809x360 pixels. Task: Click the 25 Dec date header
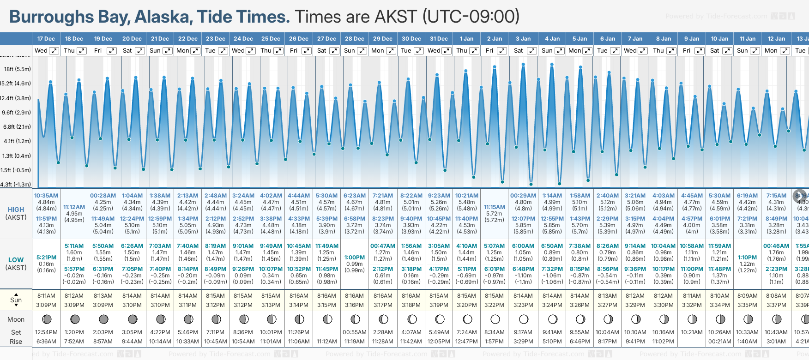tap(271, 39)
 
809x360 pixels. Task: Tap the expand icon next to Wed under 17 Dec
tap(54, 51)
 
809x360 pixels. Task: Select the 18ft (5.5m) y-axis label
tap(18, 69)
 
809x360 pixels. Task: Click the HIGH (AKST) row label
tap(16, 213)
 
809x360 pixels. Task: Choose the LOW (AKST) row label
tap(16, 264)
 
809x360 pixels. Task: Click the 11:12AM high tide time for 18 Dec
tap(74, 207)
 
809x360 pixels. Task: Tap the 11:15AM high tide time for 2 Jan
tap(494, 207)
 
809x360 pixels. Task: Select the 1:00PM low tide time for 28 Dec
tap(355, 258)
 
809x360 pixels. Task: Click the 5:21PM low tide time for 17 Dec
tap(46, 258)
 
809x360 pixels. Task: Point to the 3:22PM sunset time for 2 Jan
tap(494, 305)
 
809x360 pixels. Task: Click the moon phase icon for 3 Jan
tap(523, 319)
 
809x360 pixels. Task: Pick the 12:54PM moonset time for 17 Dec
tap(46, 332)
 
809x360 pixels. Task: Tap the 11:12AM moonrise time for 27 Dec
tap(326, 342)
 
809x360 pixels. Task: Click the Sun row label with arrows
tap(16, 300)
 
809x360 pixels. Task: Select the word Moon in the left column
tap(16, 319)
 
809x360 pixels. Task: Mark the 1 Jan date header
tap(466, 39)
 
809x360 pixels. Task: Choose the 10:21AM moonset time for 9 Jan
tap(691, 332)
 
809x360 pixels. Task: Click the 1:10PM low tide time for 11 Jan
tap(747, 258)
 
